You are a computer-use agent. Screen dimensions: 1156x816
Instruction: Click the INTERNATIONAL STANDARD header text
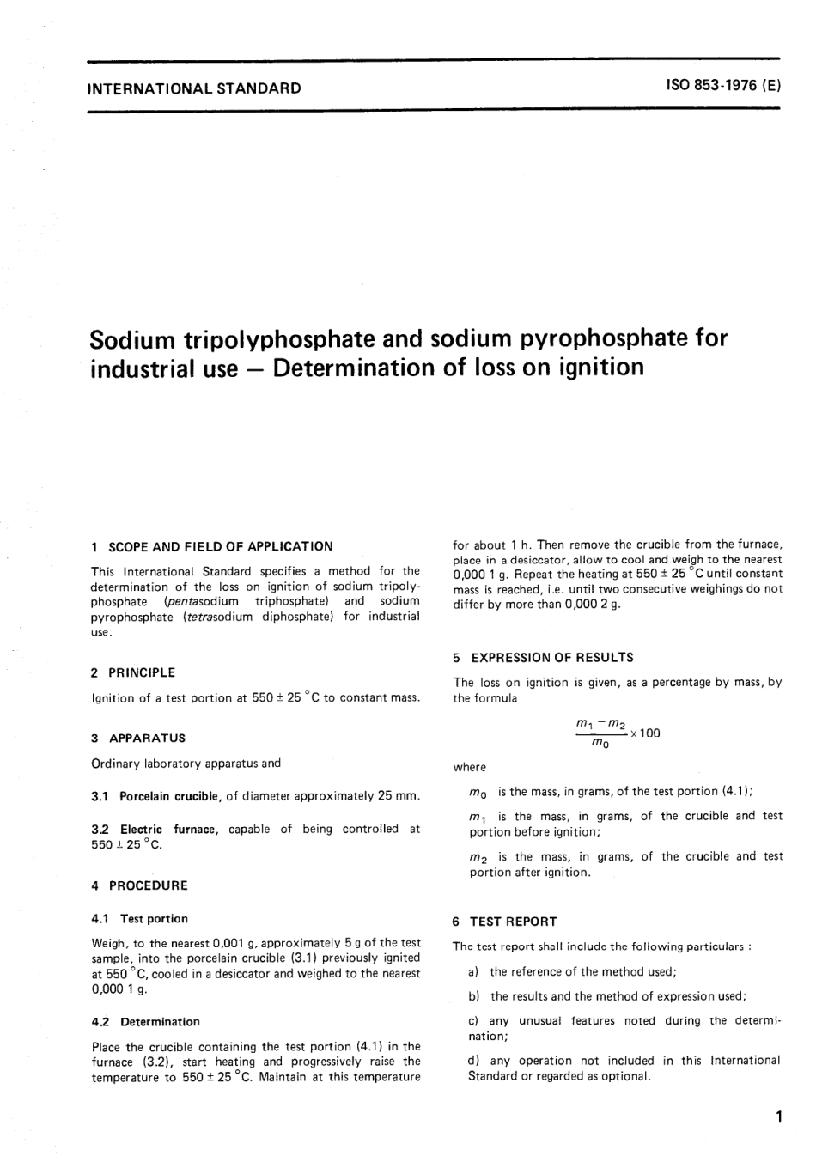coord(195,88)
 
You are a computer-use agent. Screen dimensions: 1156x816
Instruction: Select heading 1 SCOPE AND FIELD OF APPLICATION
coord(212,546)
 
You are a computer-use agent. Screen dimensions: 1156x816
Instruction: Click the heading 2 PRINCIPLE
coord(133,672)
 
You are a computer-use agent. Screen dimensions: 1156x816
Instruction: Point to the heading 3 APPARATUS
coord(138,738)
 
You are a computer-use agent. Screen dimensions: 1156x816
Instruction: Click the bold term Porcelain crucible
coord(169,796)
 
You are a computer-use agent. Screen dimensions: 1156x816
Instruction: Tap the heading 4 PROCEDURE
coord(139,885)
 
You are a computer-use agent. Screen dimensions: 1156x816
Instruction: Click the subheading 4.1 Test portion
coord(139,919)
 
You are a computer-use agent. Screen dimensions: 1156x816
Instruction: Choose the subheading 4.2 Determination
coord(145,1022)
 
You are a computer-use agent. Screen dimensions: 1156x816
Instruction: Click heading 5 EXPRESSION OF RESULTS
coord(543,658)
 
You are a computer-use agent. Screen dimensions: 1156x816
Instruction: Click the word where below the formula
coord(469,767)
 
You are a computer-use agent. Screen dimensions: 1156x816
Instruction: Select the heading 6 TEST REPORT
coord(505,922)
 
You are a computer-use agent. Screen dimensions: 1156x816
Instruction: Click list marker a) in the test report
coord(473,971)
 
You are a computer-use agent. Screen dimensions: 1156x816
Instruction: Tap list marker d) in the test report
coord(473,1061)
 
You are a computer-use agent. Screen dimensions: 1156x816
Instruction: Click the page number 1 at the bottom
coord(777,1117)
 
